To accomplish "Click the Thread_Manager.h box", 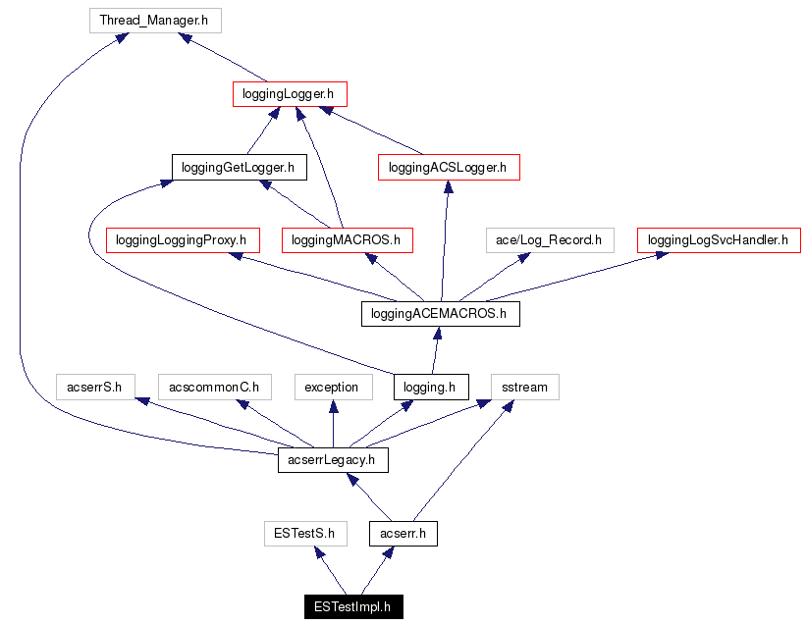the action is point(154,20).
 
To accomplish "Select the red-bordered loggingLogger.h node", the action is point(290,94).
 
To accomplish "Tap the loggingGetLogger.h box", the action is point(239,167).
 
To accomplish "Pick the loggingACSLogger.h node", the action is point(448,167).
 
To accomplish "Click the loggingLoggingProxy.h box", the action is point(182,239).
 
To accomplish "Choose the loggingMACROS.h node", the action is point(347,239).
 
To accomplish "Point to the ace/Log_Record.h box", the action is point(548,239).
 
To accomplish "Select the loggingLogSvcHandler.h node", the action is point(718,239).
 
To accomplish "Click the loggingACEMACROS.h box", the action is point(440,314).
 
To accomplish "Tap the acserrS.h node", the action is point(94,387).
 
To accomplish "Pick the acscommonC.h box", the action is point(213,387).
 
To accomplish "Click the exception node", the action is point(332,387).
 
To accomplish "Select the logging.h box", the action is point(430,387).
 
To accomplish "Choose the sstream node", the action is point(524,387).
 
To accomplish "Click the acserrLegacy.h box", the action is point(332,459).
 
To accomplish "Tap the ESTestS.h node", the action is point(305,534).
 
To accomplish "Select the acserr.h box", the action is point(403,534).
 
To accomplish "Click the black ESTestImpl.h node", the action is point(352,606).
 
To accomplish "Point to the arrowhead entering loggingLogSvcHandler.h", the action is point(662,255).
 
